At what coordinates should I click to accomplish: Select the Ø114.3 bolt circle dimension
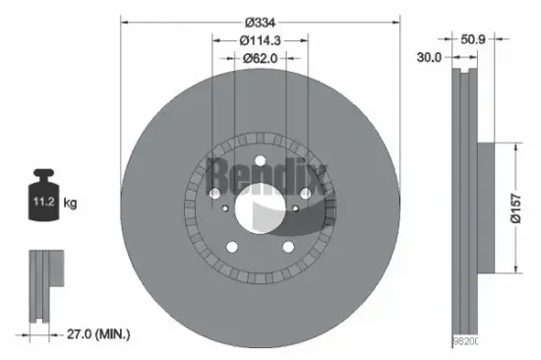[x=261, y=40]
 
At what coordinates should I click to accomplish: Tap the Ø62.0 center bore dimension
[x=261, y=58]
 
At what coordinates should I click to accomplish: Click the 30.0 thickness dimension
[x=430, y=58]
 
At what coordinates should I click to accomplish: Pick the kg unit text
[x=70, y=205]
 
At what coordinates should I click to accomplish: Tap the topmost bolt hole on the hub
[x=261, y=164]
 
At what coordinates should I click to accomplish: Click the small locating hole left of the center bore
[x=226, y=209]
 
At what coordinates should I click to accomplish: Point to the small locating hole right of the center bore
[x=295, y=209]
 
